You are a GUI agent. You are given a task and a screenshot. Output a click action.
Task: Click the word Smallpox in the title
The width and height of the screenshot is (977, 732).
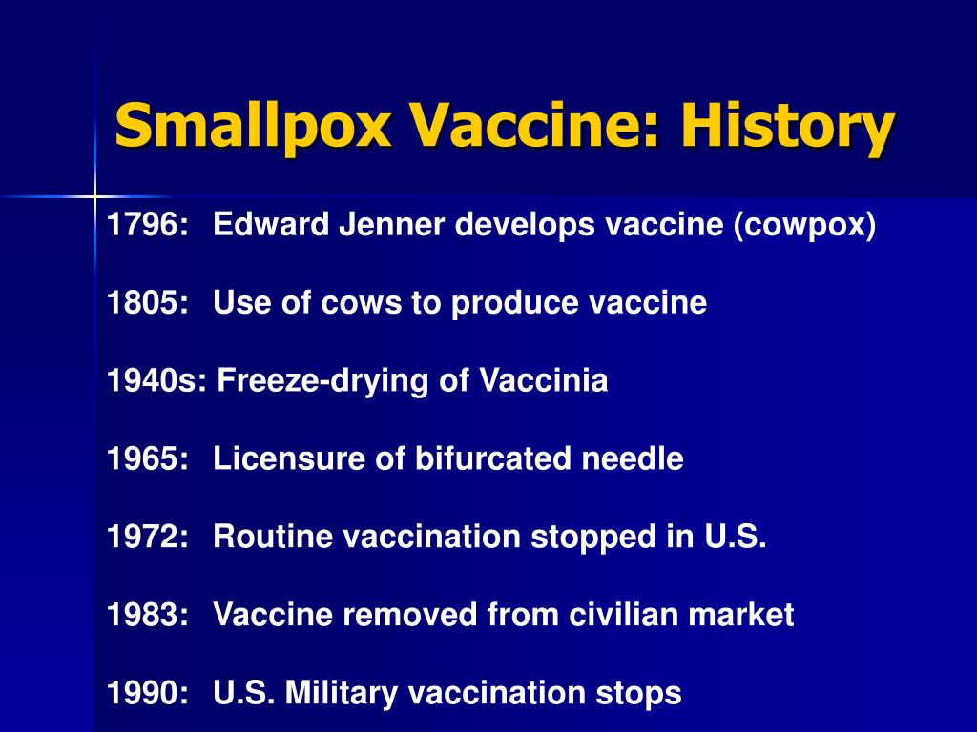click(253, 127)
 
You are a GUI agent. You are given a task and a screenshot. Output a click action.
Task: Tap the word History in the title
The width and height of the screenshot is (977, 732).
click(788, 127)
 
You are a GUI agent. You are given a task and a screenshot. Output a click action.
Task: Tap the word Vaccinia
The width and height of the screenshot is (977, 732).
click(543, 380)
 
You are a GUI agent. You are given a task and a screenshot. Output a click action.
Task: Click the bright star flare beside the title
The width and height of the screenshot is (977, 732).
click(94, 197)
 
